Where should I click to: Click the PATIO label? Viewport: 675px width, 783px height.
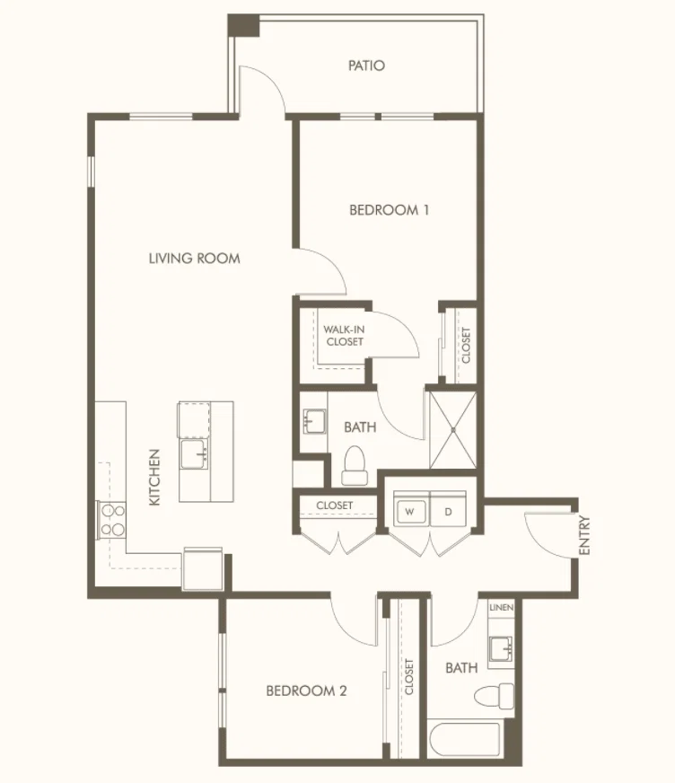tap(366, 66)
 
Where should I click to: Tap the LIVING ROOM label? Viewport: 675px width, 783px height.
tap(194, 259)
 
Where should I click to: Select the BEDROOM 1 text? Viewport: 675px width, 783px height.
tap(389, 210)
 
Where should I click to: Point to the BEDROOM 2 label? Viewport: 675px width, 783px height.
tap(306, 691)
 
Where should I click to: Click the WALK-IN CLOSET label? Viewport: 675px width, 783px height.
tap(345, 336)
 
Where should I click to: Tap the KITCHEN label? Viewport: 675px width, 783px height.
tap(154, 478)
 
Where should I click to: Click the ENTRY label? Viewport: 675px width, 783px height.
tap(584, 535)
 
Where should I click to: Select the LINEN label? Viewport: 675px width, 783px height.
tap(501, 607)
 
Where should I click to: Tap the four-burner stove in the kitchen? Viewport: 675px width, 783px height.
tap(112, 519)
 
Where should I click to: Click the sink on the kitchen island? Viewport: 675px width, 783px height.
tap(195, 454)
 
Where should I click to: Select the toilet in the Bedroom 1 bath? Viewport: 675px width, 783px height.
tap(355, 466)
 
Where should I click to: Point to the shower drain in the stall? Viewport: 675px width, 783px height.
tap(453, 430)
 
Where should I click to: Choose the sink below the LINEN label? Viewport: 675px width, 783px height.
tap(501, 648)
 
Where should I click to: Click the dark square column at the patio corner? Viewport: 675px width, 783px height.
tap(243, 25)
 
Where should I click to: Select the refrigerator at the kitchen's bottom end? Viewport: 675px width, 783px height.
tap(203, 568)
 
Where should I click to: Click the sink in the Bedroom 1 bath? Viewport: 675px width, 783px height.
tap(314, 421)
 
